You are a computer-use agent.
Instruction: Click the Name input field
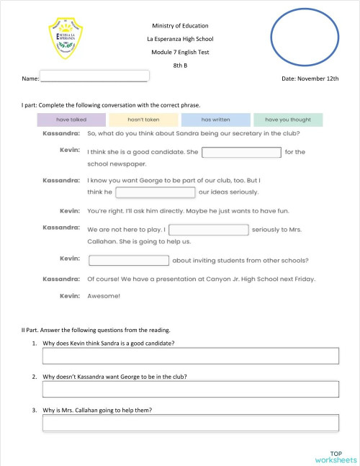click(94, 76)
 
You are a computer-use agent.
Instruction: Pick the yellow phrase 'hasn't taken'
click(143, 120)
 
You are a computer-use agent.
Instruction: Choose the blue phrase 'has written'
click(215, 120)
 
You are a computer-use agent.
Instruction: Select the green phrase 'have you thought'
click(287, 120)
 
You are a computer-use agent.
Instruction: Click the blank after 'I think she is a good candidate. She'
click(241, 152)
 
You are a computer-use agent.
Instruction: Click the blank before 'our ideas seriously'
click(156, 192)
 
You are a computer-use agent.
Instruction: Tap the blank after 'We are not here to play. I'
click(209, 230)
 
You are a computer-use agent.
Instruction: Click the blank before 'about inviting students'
click(129, 261)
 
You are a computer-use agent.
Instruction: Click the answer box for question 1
click(191, 356)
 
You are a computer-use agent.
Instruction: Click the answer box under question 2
click(191, 390)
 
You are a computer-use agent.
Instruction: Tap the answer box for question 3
click(191, 424)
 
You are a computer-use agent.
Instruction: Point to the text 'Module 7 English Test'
click(179, 52)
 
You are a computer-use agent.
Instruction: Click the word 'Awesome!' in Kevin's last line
click(104, 295)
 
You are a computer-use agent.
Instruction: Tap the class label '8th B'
click(179, 65)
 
